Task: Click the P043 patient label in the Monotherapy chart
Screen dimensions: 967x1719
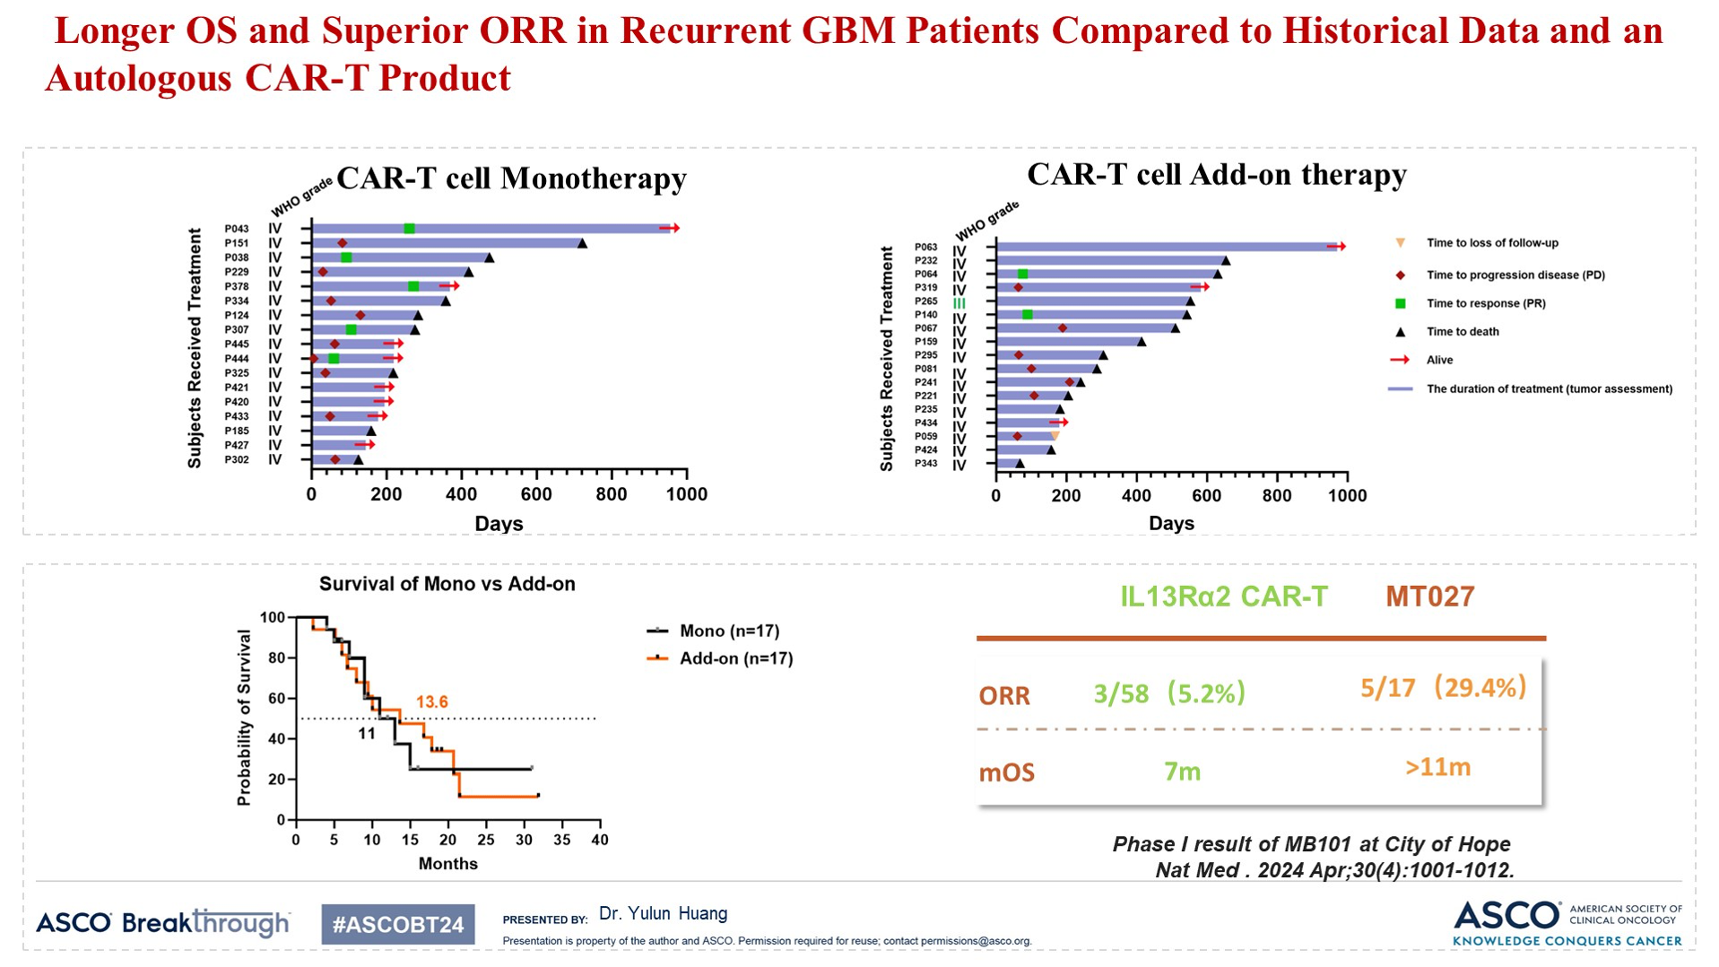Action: tap(237, 229)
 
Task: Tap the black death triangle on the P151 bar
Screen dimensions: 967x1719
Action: tap(582, 243)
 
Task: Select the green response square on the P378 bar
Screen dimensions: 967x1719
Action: tap(413, 286)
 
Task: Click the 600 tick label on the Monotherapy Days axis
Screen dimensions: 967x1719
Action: tap(536, 494)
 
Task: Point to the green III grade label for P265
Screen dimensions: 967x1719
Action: tap(959, 303)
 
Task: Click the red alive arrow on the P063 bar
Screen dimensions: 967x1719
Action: tap(1337, 246)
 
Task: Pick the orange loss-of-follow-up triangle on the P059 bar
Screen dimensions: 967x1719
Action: tap(1055, 436)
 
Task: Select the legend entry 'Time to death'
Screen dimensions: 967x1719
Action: tap(1463, 332)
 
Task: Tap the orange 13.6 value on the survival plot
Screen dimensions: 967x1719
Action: tap(431, 702)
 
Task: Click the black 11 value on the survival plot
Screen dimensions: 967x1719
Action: tap(367, 734)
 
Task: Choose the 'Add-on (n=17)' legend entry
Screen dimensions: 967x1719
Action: tap(735, 658)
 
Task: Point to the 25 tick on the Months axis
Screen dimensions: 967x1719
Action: tap(486, 841)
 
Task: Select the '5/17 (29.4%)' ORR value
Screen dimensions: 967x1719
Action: tap(1443, 688)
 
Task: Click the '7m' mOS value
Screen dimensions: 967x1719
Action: tap(1182, 771)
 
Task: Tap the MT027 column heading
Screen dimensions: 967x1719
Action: tap(1429, 597)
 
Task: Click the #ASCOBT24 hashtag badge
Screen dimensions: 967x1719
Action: tap(398, 925)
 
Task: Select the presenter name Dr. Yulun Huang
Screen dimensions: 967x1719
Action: tap(663, 914)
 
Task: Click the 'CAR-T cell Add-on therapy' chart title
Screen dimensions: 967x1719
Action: tap(1216, 174)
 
